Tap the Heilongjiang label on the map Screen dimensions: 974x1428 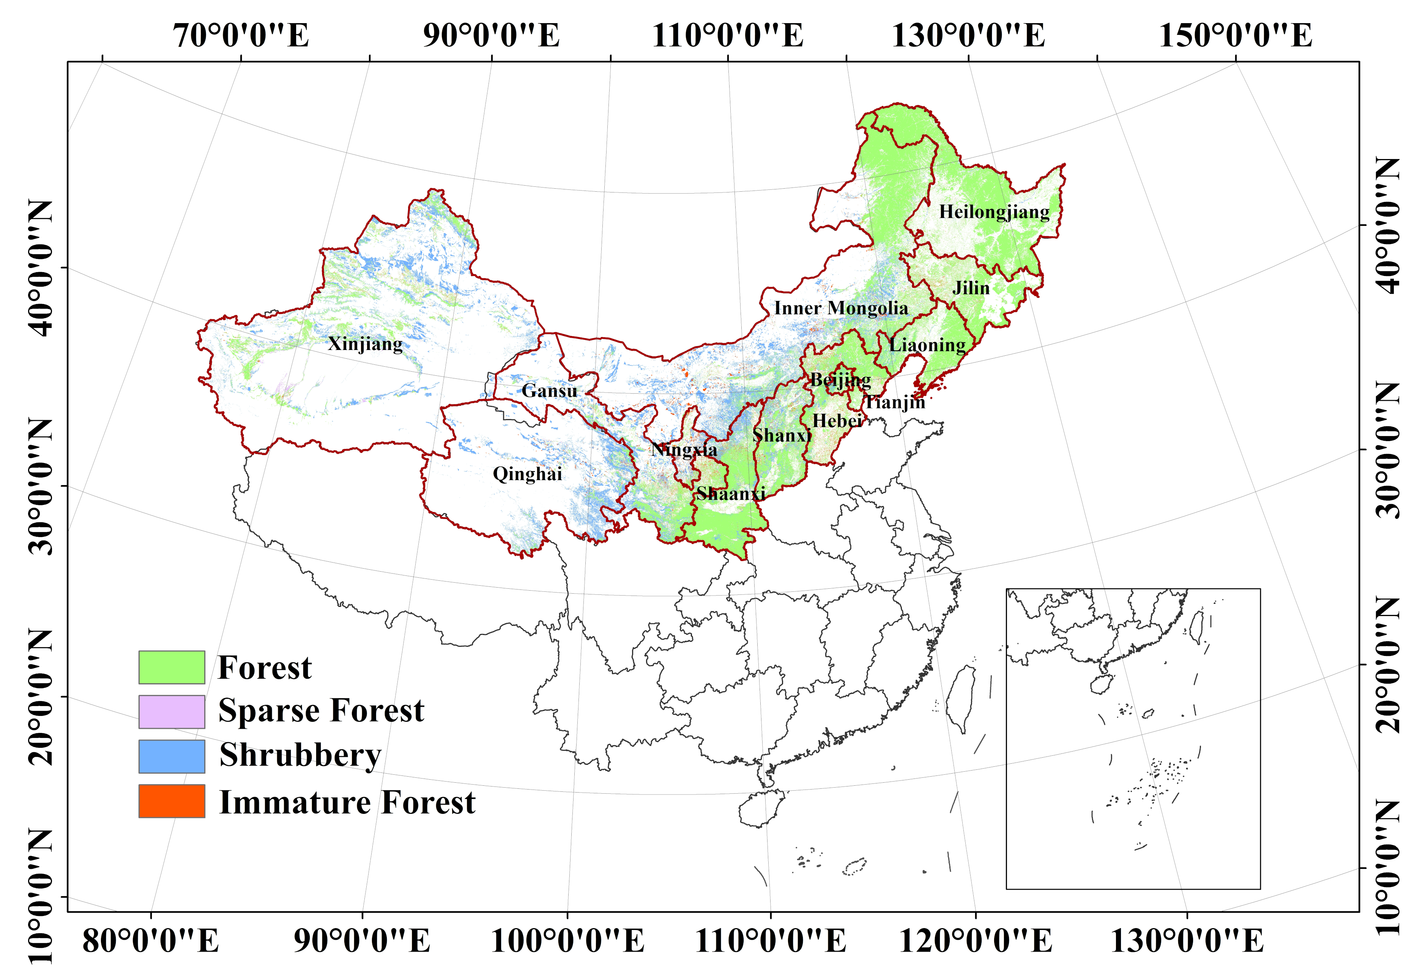(x=994, y=212)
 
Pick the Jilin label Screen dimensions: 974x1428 (x=971, y=288)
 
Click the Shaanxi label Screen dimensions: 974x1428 (x=731, y=493)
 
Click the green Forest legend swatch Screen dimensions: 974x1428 (x=172, y=667)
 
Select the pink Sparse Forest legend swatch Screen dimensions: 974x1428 (x=172, y=712)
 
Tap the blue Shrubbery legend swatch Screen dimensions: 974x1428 (x=172, y=756)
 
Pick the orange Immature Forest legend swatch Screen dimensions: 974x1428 (x=172, y=801)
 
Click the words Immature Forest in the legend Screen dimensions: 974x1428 (x=347, y=802)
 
